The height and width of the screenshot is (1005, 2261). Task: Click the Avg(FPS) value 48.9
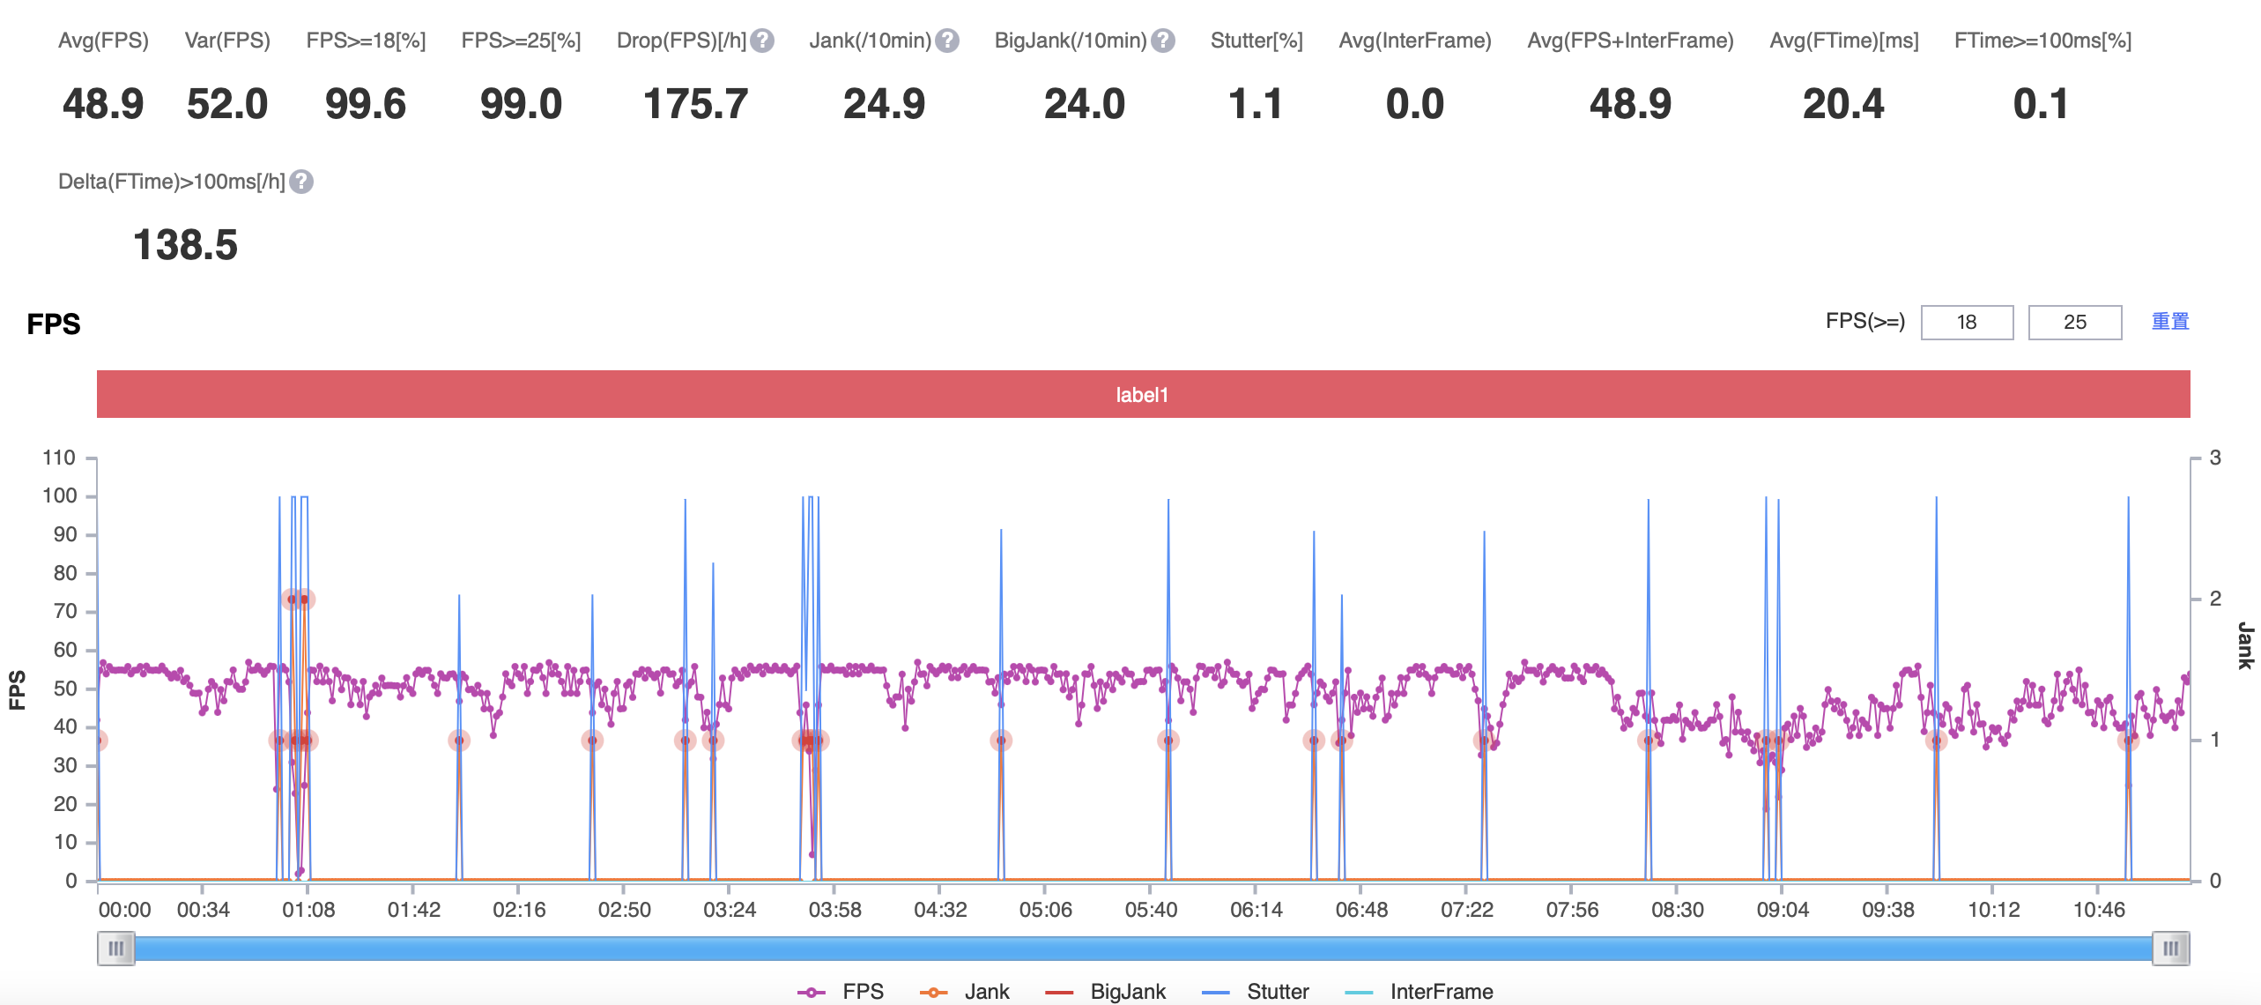(103, 104)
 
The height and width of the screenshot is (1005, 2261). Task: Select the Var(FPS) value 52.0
(227, 104)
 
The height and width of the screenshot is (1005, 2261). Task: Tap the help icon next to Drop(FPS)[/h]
(763, 41)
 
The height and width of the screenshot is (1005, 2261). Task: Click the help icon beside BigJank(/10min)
(1163, 41)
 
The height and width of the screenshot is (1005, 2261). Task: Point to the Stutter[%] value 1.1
(1256, 104)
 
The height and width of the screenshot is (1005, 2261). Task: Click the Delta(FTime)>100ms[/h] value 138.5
(185, 245)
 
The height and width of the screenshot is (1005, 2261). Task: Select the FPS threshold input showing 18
(1967, 323)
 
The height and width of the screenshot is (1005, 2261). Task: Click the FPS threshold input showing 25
(2074, 323)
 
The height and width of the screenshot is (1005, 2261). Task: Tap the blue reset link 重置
(2169, 322)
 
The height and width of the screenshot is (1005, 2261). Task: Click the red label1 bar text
(1142, 395)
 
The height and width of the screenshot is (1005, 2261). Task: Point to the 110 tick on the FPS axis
(59, 458)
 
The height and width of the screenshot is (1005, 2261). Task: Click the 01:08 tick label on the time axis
(308, 910)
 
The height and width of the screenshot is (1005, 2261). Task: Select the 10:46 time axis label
(2099, 910)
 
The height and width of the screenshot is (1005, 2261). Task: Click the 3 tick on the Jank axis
(2215, 458)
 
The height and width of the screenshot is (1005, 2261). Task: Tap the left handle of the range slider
(115, 949)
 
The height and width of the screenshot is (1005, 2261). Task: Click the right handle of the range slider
(2170, 949)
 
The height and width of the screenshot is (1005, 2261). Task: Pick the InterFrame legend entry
(1420, 992)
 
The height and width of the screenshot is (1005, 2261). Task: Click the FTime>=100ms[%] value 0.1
(2041, 104)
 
